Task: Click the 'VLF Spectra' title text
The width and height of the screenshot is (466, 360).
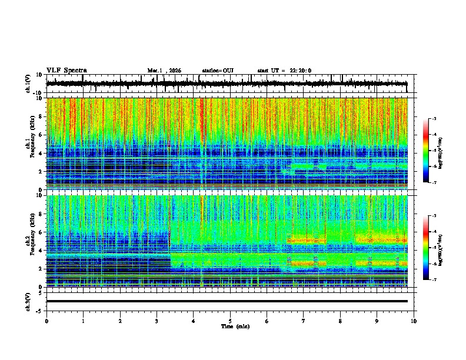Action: [66, 70]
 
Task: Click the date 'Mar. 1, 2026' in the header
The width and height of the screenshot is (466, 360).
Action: [164, 71]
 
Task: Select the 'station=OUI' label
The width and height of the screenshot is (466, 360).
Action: [218, 71]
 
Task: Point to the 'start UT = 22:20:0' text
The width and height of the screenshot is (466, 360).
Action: [284, 71]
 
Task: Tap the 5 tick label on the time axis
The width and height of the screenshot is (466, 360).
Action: [230, 321]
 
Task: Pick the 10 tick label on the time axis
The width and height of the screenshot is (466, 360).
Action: [414, 321]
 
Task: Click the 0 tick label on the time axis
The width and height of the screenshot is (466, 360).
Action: [46, 321]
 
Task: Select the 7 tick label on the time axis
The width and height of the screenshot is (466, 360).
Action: [304, 321]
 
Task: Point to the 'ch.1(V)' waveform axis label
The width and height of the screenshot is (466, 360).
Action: [29, 84]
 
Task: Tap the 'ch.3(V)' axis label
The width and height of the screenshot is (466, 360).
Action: [29, 301]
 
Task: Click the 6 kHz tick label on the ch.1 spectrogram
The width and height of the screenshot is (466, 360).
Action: [41, 135]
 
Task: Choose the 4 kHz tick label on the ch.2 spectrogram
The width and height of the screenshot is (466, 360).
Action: [41, 251]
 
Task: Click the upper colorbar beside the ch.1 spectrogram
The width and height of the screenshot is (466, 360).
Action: [426, 151]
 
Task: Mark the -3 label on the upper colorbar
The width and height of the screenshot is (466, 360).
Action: [434, 119]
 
